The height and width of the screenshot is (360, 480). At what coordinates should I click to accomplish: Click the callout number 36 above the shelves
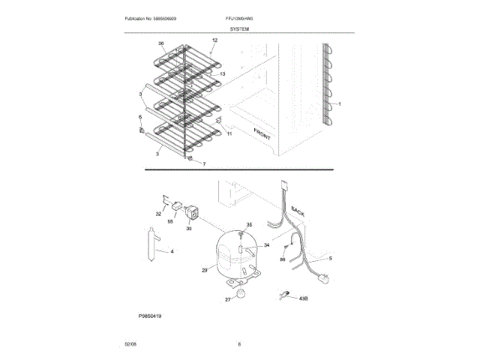(x=160, y=43)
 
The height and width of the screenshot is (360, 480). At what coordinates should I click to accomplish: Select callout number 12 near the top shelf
(x=214, y=40)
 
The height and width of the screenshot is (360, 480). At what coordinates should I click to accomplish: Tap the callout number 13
(x=222, y=74)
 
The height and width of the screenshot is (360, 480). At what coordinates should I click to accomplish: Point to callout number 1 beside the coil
(x=339, y=104)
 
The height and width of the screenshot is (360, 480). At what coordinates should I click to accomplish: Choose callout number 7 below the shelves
(x=202, y=163)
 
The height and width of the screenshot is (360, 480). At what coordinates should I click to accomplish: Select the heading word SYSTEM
(x=239, y=28)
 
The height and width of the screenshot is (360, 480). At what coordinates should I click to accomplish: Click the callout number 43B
(x=304, y=298)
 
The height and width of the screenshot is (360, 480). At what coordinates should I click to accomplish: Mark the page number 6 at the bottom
(x=239, y=344)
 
